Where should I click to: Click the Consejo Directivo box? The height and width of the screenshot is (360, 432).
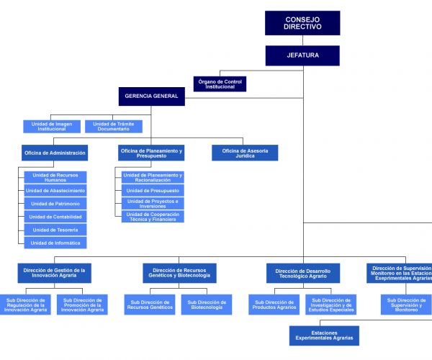click(x=302, y=23)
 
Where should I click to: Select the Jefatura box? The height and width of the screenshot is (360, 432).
click(x=302, y=55)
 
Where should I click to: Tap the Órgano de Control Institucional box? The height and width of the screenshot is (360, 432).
click(x=220, y=84)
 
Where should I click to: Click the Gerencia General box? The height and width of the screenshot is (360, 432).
click(x=151, y=96)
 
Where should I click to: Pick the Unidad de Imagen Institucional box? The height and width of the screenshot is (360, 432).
click(x=52, y=126)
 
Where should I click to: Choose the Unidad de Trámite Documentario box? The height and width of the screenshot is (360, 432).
click(x=113, y=126)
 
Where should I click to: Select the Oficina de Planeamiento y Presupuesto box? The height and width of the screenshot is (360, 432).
click(x=152, y=153)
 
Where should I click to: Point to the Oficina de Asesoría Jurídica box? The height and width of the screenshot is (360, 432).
click(x=245, y=153)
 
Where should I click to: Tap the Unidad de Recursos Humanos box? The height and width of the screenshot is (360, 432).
click(x=55, y=177)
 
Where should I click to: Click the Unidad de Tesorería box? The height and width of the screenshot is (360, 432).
click(x=55, y=230)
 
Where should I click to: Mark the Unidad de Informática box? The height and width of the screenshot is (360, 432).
click(x=55, y=243)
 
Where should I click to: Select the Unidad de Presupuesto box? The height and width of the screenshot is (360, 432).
click(x=153, y=190)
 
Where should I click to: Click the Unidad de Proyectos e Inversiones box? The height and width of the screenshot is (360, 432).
click(x=153, y=203)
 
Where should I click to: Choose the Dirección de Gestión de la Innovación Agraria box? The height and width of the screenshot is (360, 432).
click(x=55, y=273)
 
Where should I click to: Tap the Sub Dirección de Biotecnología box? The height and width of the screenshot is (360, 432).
click(x=206, y=305)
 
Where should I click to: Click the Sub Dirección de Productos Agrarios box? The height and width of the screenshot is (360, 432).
click(x=274, y=305)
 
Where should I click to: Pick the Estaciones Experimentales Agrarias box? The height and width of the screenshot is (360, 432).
click(x=324, y=336)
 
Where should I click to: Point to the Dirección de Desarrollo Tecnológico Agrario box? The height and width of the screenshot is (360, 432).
click(x=302, y=273)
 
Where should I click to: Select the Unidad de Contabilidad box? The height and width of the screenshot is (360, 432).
click(x=55, y=217)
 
